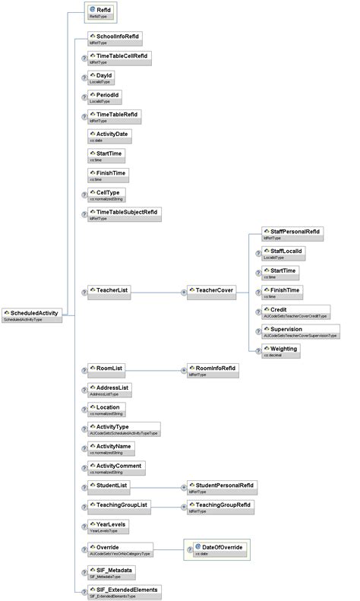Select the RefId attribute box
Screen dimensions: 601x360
point(100,12)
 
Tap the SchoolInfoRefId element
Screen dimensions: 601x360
point(114,38)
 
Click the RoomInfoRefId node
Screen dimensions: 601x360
point(216,370)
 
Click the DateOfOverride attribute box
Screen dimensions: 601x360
point(219,549)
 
